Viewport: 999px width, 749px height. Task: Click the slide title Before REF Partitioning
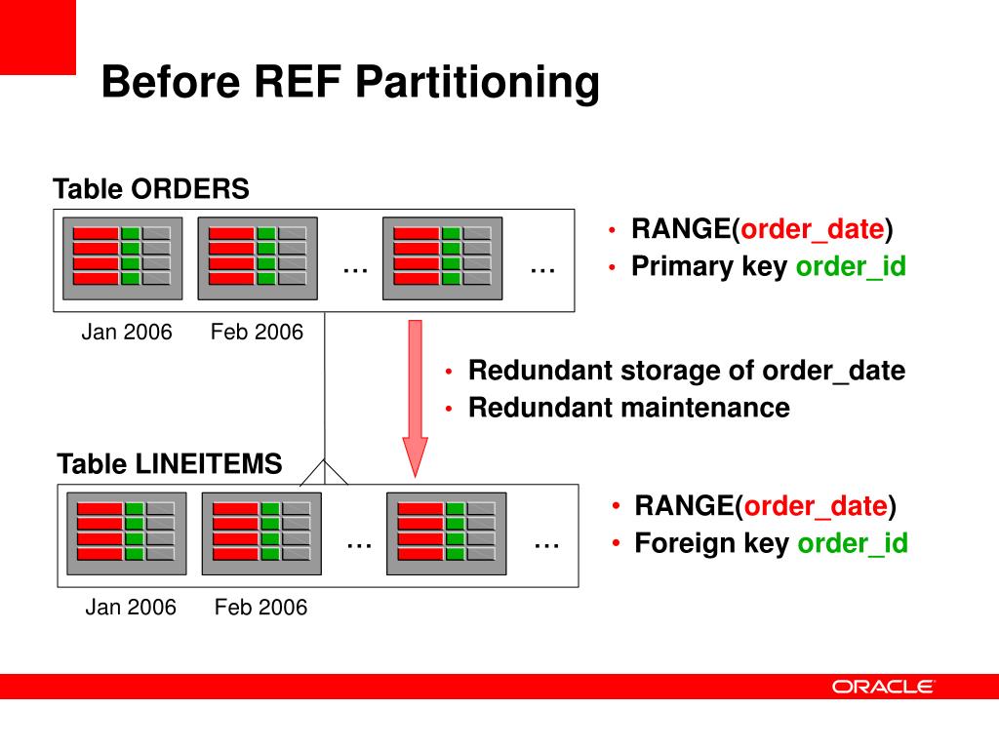point(349,82)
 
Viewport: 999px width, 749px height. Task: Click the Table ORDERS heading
point(151,189)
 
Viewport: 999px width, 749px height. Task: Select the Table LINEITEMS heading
point(170,464)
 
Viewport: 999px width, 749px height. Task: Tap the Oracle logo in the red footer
point(883,687)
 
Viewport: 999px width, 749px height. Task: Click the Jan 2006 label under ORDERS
point(126,333)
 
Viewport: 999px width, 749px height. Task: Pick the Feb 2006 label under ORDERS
point(257,333)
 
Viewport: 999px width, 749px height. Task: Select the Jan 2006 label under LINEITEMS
point(131,608)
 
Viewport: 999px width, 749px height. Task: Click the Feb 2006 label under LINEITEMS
point(260,608)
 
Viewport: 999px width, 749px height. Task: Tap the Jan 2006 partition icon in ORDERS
point(122,258)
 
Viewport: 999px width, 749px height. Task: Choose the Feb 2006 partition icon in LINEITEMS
point(261,533)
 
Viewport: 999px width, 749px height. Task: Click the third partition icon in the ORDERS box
point(442,258)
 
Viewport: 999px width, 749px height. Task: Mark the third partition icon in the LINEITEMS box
point(447,533)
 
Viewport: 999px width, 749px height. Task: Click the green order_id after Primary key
point(851,267)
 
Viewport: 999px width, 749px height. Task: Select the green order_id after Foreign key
point(853,543)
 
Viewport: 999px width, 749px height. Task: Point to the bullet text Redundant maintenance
point(628,408)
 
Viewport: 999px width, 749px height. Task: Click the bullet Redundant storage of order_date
point(686,371)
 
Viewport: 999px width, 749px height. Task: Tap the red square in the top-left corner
point(37,37)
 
